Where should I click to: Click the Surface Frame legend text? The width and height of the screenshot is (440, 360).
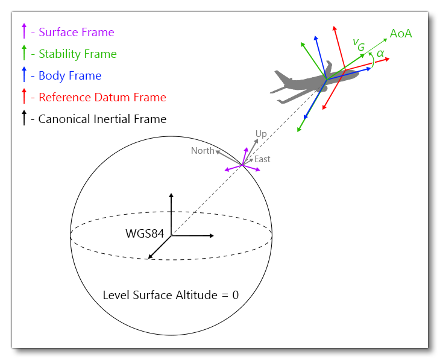pyautogui.click(x=76, y=33)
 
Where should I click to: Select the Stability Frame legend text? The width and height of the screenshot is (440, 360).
pyautogui.click(x=77, y=54)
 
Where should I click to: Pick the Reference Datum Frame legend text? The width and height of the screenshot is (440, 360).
pyautogui.click(x=102, y=98)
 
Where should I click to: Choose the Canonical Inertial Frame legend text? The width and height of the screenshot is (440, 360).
pyautogui.click(x=102, y=119)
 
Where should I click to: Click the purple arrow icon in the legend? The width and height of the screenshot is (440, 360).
pyautogui.click(x=24, y=32)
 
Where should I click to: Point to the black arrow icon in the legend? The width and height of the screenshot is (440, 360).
pyautogui.click(x=24, y=118)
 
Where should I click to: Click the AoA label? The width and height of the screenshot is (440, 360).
pyautogui.click(x=401, y=34)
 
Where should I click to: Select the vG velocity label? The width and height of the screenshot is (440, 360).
pyautogui.click(x=359, y=43)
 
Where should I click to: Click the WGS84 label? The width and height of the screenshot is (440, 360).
pyautogui.click(x=145, y=233)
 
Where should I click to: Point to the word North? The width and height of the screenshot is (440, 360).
pyautogui.click(x=203, y=151)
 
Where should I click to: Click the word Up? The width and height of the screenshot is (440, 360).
pyautogui.click(x=261, y=134)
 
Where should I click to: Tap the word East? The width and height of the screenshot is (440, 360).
pyautogui.click(x=262, y=160)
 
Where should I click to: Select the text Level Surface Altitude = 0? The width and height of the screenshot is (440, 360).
pyautogui.click(x=171, y=295)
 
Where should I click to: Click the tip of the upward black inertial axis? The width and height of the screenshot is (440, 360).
pyautogui.click(x=171, y=194)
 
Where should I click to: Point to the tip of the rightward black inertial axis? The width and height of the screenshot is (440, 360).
pyautogui.click(x=213, y=236)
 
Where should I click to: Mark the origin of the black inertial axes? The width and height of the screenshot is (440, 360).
pyautogui.click(x=171, y=236)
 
